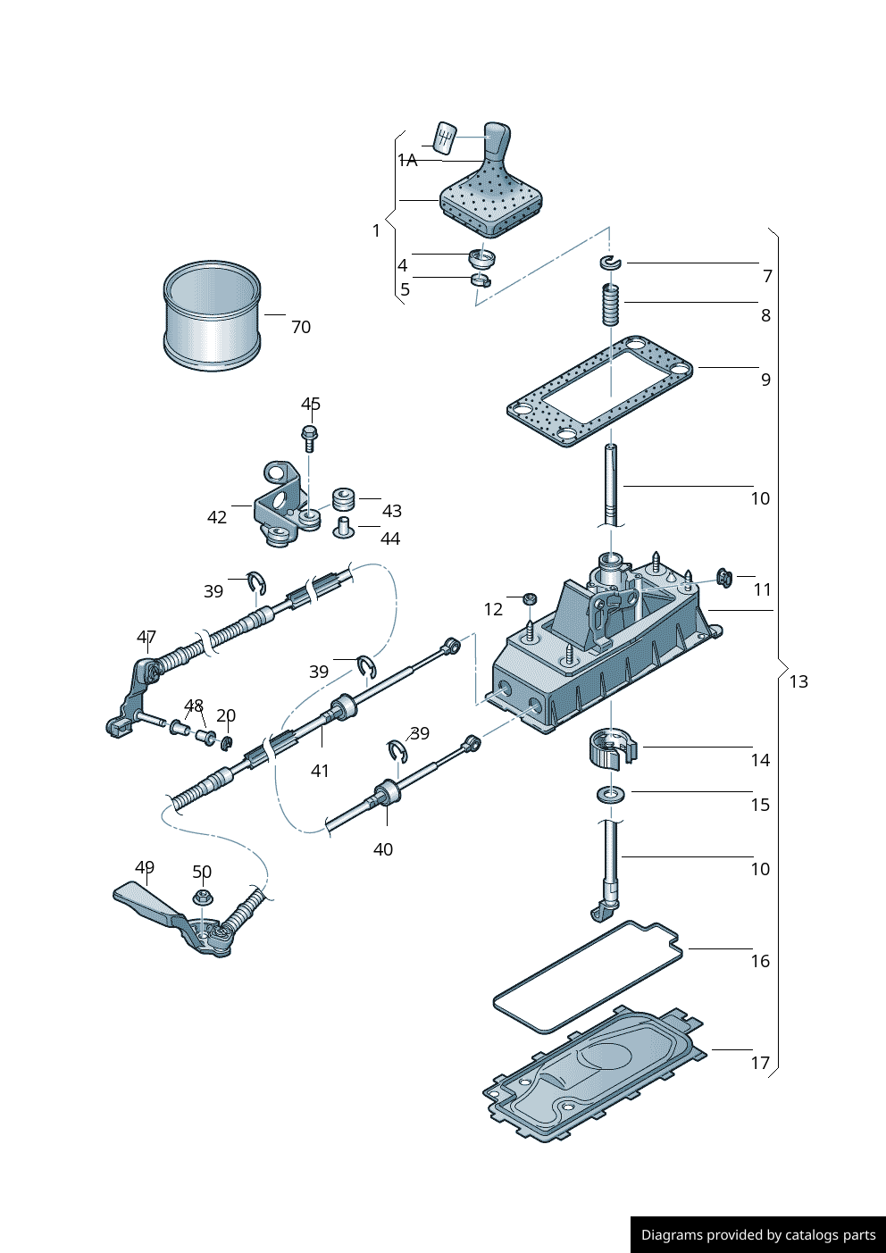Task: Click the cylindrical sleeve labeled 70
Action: (x=213, y=316)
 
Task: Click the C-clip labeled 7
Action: (x=610, y=262)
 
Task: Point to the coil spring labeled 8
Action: (x=610, y=305)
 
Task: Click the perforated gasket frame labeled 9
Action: (x=600, y=392)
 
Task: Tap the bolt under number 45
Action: (x=309, y=439)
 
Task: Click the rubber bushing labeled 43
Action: (x=344, y=498)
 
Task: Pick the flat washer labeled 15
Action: (x=611, y=793)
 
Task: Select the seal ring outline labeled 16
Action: (x=588, y=977)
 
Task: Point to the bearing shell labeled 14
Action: (x=611, y=748)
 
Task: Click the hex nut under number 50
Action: (x=201, y=897)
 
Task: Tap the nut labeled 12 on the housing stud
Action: (x=529, y=597)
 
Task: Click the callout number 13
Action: (x=798, y=681)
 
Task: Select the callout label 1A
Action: (x=408, y=160)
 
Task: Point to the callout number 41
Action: (x=320, y=770)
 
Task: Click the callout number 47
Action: (x=146, y=637)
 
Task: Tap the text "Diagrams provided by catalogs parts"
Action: (x=758, y=1235)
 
